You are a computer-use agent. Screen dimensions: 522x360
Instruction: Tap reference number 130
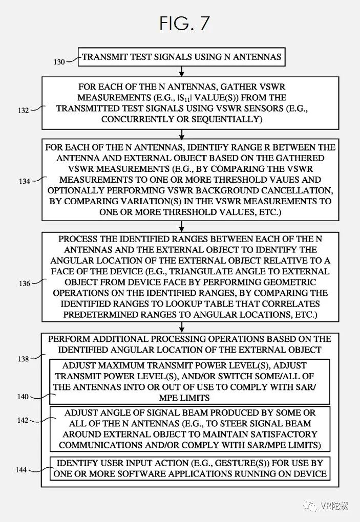[59, 62]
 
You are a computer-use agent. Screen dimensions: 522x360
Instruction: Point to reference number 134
[24, 180]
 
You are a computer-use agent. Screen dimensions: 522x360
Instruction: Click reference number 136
[24, 282]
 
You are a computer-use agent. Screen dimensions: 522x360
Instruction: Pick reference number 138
[24, 359]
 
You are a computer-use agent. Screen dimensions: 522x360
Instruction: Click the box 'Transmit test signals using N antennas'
[181, 57]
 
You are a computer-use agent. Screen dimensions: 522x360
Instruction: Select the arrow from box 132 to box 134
[181, 134]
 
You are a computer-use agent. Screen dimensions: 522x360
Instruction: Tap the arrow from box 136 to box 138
[181, 328]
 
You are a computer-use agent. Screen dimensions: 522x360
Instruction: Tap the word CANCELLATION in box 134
[300, 190]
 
